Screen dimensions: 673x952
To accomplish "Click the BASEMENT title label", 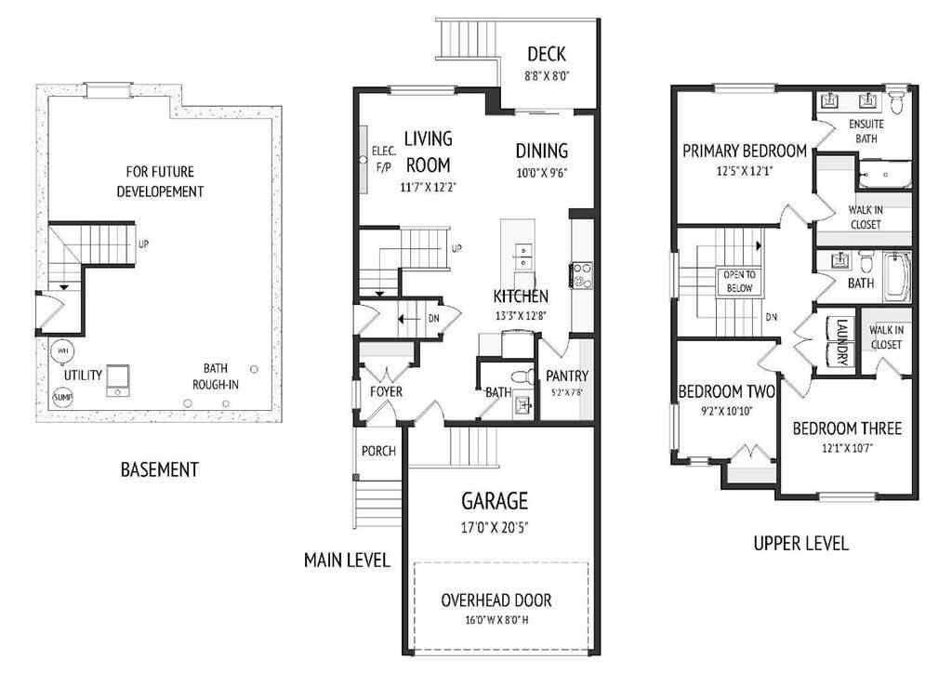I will (x=159, y=469).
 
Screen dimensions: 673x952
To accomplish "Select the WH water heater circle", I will (x=62, y=351).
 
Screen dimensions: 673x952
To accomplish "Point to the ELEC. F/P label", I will (x=384, y=159).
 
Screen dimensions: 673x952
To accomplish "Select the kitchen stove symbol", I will (x=581, y=274).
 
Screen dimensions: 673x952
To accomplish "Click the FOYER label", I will (x=386, y=391).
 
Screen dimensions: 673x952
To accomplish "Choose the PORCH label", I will (x=378, y=451).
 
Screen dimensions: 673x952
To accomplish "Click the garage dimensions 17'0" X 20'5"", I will (x=495, y=527).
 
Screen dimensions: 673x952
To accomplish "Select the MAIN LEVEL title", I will (x=347, y=560).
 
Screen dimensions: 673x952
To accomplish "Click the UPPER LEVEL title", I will (x=800, y=544).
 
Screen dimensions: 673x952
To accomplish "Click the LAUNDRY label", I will (x=841, y=342).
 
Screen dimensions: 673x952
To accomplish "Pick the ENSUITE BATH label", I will (x=866, y=131).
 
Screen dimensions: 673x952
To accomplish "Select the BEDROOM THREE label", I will (x=846, y=429).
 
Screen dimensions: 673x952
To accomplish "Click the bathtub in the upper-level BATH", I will (x=895, y=276).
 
